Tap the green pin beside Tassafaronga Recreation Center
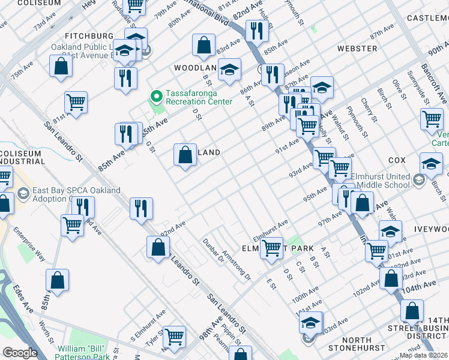[x=156, y=96]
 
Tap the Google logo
[x=20, y=353]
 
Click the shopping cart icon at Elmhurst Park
[x=271, y=247]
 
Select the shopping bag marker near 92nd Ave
[x=158, y=247]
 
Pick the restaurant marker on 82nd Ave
[x=257, y=30]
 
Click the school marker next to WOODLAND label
[x=229, y=70]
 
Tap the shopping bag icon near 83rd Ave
[x=204, y=44]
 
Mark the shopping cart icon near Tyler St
[x=174, y=337]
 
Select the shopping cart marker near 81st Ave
[x=76, y=103]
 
